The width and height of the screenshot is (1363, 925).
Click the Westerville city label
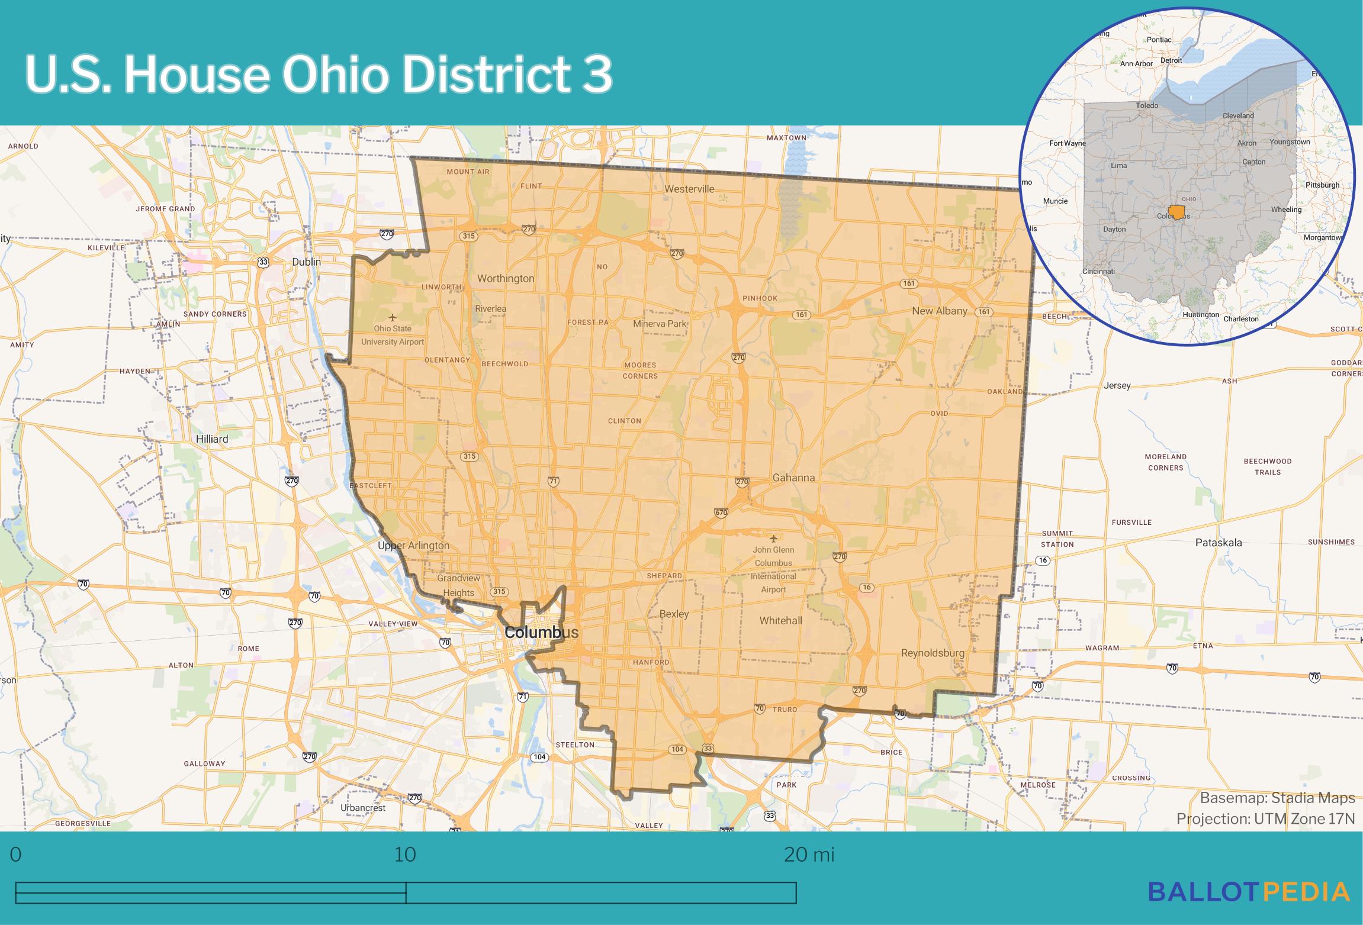point(689,189)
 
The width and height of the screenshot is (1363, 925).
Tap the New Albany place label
point(939,311)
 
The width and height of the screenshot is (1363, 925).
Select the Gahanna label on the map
point(793,477)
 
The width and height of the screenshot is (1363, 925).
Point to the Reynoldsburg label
point(932,653)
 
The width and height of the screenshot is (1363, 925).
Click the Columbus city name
point(541,633)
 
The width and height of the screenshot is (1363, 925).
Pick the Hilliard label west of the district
point(212,439)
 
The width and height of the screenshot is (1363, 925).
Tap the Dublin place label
point(306,262)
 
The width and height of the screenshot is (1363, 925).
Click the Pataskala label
point(1219,542)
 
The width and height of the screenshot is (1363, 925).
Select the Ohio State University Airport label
point(393,335)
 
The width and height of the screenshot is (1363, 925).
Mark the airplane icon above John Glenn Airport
point(773,538)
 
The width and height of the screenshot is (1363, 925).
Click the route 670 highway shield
point(721,513)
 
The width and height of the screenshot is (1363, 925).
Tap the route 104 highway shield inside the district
point(677,749)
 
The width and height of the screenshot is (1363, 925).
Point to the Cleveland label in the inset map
point(1238,115)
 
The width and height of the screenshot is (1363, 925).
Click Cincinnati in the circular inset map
point(1098,271)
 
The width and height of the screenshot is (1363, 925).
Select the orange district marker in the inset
point(1176,212)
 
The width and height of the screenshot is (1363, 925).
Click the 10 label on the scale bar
point(405,855)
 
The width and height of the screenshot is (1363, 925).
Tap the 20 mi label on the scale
point(809,855)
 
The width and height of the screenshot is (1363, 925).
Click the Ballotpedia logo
point(1249,892)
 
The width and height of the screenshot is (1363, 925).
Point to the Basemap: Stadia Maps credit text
point(1277,798)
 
